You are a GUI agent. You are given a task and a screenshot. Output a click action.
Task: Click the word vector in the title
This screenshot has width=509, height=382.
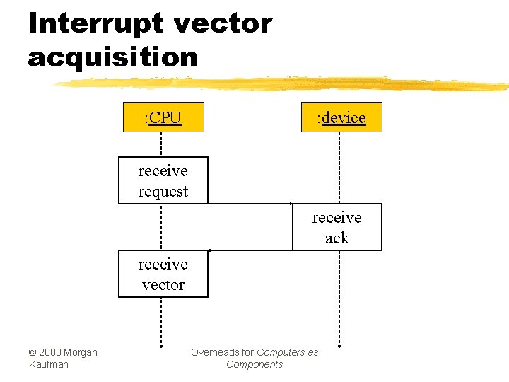222,23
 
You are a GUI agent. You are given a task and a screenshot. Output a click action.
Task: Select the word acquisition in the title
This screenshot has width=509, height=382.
113,57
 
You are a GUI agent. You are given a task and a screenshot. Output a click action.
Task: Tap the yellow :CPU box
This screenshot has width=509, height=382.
163,117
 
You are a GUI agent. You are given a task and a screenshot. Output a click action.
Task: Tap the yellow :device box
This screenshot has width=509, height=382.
341,117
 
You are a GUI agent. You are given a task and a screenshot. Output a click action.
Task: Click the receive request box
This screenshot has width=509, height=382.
163,180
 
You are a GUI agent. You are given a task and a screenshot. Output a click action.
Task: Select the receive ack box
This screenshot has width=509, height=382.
337,227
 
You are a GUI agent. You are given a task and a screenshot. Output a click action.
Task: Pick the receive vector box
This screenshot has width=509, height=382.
163,274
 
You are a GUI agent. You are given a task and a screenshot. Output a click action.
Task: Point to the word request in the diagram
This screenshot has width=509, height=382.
163,191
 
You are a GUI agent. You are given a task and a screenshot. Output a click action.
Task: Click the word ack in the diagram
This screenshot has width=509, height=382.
337,238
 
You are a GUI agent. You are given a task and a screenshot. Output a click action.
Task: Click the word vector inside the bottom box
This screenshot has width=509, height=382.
163,284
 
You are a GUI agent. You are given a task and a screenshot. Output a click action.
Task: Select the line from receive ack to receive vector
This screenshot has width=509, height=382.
250,250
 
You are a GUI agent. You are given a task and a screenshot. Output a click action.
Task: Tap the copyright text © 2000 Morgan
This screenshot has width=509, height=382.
63,352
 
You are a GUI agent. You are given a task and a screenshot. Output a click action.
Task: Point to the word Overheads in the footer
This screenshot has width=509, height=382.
222,352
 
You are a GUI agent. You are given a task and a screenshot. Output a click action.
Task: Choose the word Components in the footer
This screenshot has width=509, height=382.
255,364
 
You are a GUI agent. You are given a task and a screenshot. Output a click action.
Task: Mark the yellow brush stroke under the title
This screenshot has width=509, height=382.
283,83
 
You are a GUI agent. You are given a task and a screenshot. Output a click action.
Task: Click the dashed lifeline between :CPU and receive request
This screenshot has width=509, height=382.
162,144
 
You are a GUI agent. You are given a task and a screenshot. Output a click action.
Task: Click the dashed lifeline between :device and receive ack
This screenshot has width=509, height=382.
340,168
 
